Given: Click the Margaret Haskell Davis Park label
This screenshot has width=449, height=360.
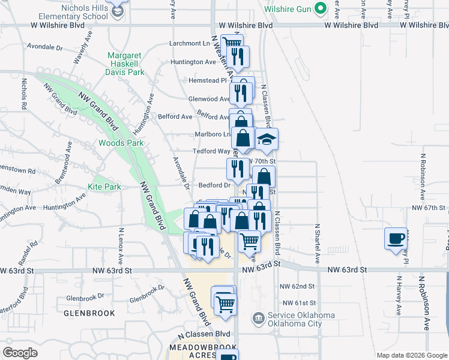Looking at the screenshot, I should [x=126, y=64].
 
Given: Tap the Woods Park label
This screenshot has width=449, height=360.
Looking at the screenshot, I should [x=121, y=143].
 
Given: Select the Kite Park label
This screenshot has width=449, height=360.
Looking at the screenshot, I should [x=104, y=187].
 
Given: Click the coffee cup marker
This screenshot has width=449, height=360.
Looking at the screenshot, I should [x=396, y=238].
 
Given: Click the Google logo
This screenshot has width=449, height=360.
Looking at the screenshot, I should [x=20, y=352].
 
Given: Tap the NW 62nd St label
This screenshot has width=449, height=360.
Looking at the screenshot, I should [x=298, y=286].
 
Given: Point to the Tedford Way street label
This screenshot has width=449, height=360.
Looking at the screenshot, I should [x=211, y=152].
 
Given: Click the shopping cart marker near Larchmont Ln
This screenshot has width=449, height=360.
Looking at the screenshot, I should [x=231, y=44].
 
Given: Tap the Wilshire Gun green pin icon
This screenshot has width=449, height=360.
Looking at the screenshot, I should [x=321, y=9].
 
